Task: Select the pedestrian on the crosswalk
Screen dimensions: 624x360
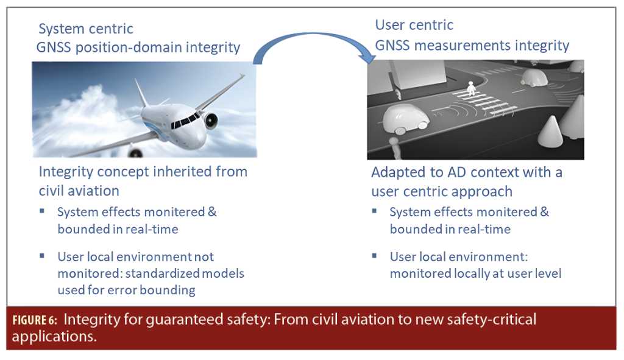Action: pyautogui.click(x=471, y=88)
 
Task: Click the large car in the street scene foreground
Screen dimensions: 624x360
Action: pyautogui.click(x=405, y=119)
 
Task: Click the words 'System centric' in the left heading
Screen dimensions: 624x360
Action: pyautogui.click(x=86, y=29)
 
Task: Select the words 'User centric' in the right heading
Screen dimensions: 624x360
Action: pyautogui.click(x=414, y=24)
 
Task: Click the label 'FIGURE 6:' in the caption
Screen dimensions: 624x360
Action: pyautogui.click(x=35, y=320)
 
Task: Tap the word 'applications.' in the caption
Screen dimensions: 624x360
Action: pyautogui.click(x=54, y=336)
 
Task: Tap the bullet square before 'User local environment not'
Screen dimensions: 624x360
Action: pyautogui.click(x=42, y=256)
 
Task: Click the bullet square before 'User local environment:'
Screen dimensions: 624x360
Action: pyautogui.click(x=374, y=256)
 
